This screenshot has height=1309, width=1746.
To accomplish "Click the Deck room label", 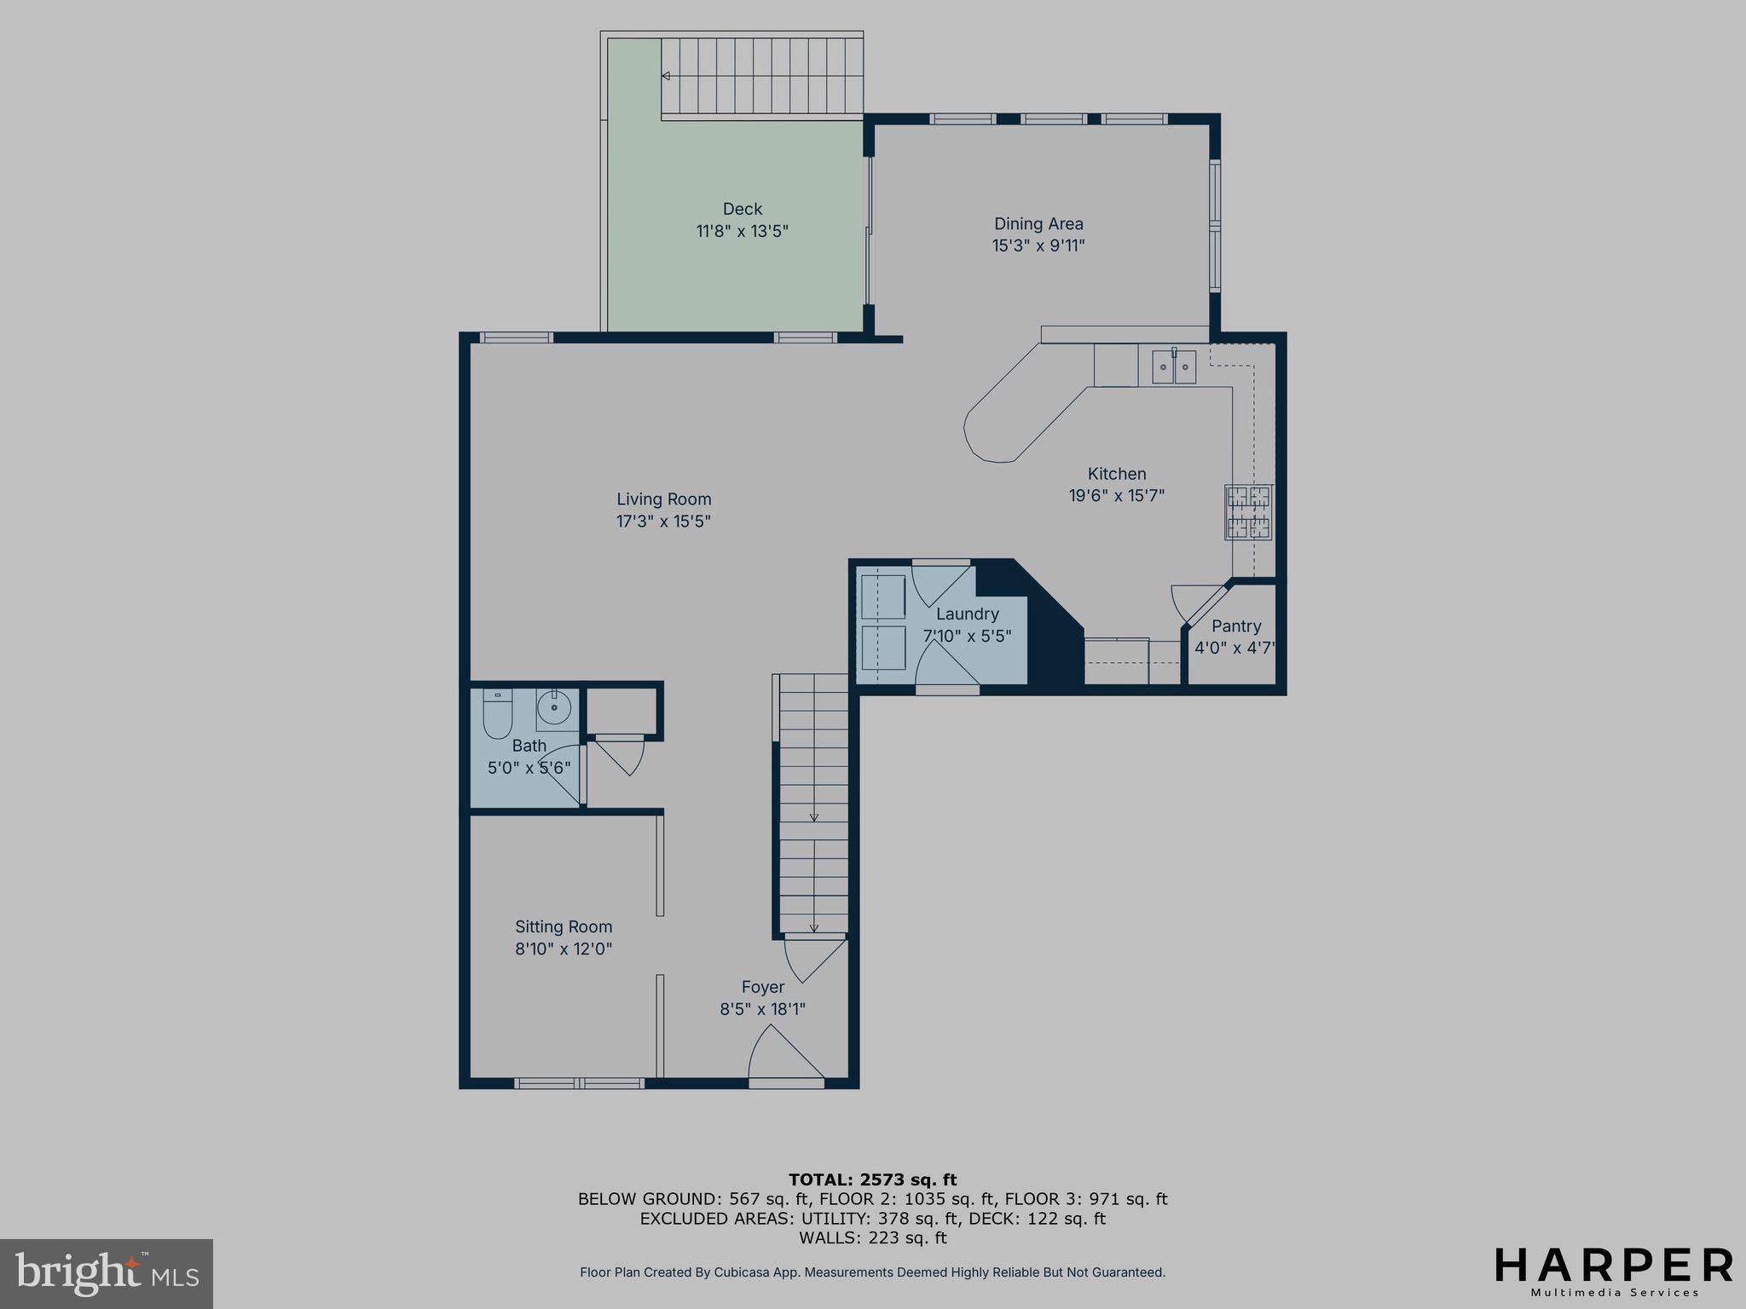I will pyautogui.click(x=742, y=209).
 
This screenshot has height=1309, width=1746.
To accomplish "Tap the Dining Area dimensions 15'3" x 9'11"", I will pyautogui.click(x=1038, y=246).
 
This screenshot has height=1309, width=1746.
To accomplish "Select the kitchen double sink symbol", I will pyautogui.click(x=1174, y=366).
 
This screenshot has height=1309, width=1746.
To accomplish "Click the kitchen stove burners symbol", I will pyautogui.click(x=1248, y=512).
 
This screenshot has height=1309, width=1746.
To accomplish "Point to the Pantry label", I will pyautogui.click(x=1235, y=626).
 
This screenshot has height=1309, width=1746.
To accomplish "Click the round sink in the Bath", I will pyautogui.click(x=555, y=707).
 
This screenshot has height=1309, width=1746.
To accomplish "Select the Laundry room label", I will pyautogui.click(x=967, y=614).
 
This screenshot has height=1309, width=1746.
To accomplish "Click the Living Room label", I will pyautogui.click(x=663, y=499).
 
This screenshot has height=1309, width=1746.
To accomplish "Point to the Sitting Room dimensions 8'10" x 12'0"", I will pyautogui.click(x=564, y=949).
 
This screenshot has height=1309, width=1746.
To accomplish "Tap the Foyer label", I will pyautogui.click(x=762, y=987).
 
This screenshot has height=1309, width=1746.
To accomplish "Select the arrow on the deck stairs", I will pyautogui.click(x=666, y=76).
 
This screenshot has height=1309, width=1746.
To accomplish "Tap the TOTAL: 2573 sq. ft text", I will pyautogui.click(x=872, y=1180).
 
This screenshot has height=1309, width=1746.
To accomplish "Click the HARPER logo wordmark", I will pyautogui.click(x=1613, y=1266).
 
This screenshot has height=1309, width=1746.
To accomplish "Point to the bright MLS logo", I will pyautogui.click(x=107, y=1274).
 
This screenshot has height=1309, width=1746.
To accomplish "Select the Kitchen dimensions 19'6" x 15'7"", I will pyautogui.click(x=1116, y=496).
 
